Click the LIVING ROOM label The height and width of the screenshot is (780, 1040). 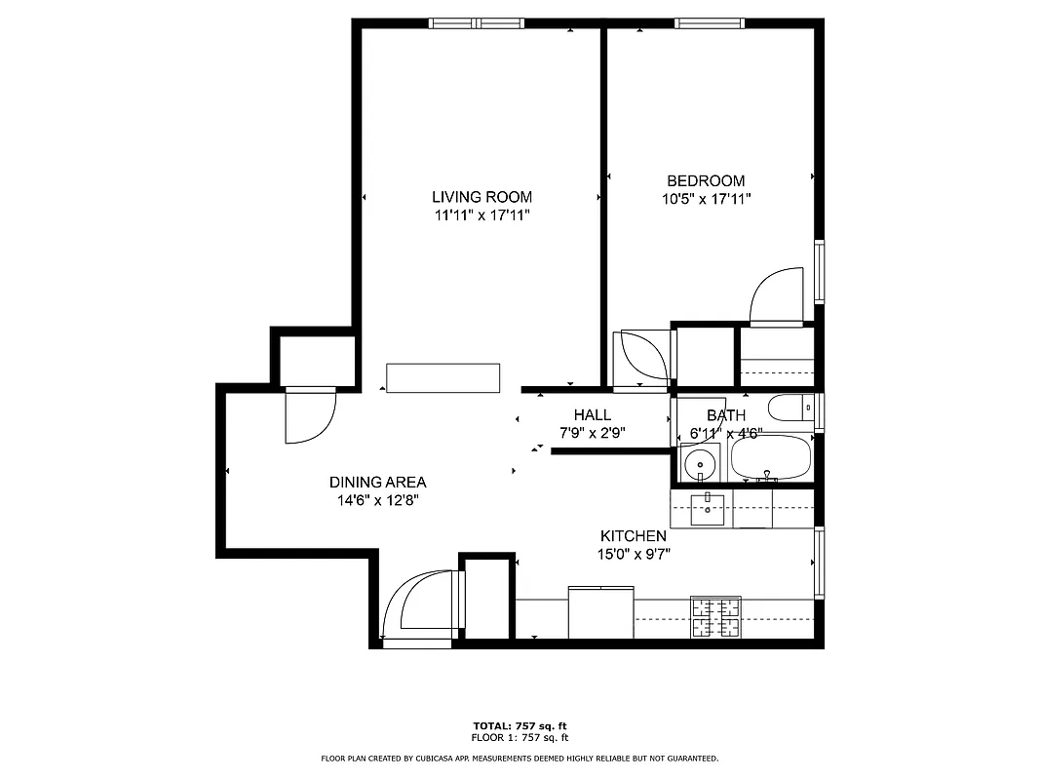pos(481,197)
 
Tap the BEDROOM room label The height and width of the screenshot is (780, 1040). pos(705,180)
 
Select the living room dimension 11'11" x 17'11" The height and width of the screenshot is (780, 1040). pos(481,215)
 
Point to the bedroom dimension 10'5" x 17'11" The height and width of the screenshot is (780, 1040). pos(705,199)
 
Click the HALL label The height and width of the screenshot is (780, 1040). pos(592,414)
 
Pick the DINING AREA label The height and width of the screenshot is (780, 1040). pos(377,482)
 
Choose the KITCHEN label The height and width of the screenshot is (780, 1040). pos(633,536)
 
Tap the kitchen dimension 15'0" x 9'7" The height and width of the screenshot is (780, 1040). pos(633,554)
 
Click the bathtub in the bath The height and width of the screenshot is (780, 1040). pos(770,458)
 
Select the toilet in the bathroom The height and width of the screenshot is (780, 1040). pos(790,407)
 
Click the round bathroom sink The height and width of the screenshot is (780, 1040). pos(699,464)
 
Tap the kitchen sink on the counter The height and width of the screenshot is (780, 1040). pos(708,508)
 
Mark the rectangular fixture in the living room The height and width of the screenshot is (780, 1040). pos(443,378)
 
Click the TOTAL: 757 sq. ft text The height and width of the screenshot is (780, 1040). pos(520,726)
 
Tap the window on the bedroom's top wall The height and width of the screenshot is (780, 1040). pos(710,23)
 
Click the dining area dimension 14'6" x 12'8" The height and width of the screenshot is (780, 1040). pos(377,500)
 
